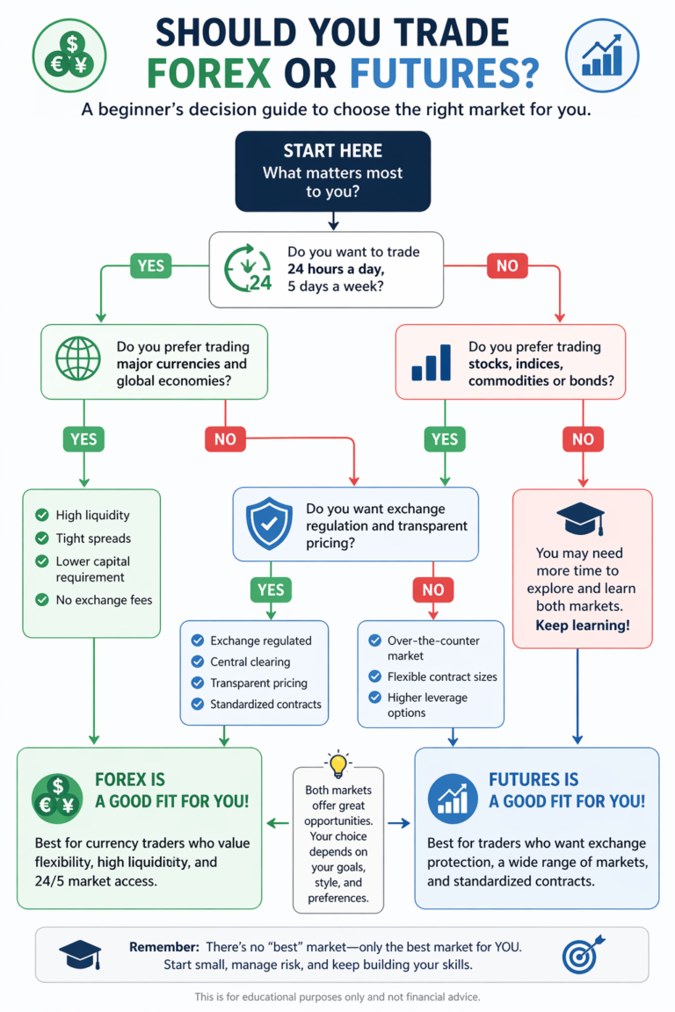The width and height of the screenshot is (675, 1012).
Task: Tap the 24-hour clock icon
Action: pos(245,269)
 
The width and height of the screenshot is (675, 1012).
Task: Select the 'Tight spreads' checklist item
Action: pos(92,538)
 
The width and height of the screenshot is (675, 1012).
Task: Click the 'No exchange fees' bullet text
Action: pos(104,600)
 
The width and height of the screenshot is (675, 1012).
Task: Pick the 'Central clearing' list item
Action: pos(250,661)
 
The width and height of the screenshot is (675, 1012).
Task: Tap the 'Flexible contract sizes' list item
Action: pos(442,676)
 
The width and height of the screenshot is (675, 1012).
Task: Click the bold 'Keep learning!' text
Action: pos(582,626)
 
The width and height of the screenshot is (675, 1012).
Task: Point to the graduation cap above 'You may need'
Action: pos(581,520)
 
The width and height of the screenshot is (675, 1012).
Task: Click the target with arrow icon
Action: pos(584,955)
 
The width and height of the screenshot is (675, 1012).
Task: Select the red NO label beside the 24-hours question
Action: pos(507,264)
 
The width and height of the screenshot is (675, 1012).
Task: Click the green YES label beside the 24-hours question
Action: pos(150,264)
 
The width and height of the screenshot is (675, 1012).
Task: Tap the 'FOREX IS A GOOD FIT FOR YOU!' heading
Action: pos(171,790)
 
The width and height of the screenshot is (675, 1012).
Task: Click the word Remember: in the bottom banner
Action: pos(163,947)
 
